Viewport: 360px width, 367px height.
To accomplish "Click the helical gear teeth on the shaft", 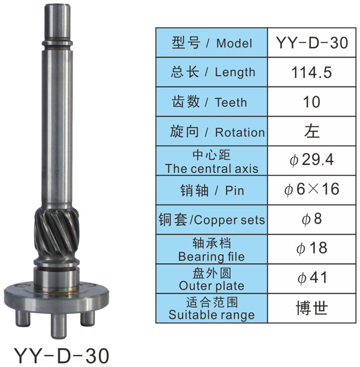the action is pyautogui.click(x=57, y=235).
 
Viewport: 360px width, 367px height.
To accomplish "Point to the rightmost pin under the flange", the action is pyautogui.click(x=88, y=318).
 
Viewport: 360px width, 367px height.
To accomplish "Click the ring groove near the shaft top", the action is pyautogui.click(x=57, y=43).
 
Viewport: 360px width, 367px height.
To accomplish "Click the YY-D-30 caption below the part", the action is pyautogui.click(x=62, y=356).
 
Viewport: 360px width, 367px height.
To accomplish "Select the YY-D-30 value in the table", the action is pyautogui.click(x=312, y=43).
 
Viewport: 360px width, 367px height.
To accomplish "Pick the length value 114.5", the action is pyautogui.click(x=311, y=72).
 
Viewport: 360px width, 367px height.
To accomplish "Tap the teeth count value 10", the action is pyautogui.click(x=311, y=102).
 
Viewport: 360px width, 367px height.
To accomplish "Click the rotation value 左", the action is pyautogui.click(x=312, y=131).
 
